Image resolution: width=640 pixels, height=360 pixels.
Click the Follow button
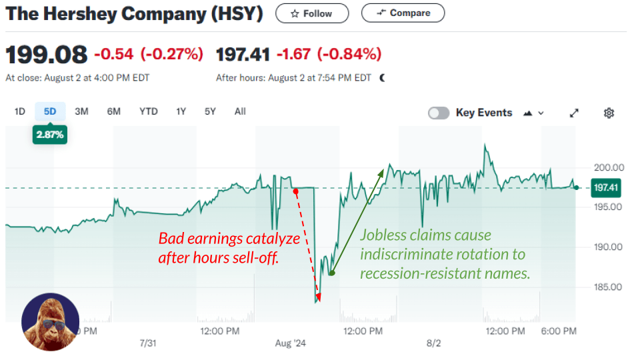(311, 13)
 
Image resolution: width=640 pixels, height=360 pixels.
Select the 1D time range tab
(20, 111)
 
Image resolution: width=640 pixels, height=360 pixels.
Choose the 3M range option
(81, 111)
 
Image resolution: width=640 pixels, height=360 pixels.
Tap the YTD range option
(149, 111)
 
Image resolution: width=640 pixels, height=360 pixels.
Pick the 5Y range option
(210, 111)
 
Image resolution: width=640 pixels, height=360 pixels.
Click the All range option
(240, 111)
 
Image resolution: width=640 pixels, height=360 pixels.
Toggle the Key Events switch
(439, 113)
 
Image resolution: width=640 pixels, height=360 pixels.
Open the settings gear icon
(609, 113)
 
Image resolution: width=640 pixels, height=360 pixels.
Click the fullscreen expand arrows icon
(574, 113)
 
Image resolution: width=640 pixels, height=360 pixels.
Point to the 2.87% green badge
(51, 135)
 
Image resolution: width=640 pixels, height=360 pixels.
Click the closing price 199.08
(47, 55)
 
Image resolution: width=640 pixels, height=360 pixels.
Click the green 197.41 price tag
(606, 189)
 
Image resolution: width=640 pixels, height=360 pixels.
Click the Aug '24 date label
(291, 343)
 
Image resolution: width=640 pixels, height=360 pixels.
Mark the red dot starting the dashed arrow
(295, 191)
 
